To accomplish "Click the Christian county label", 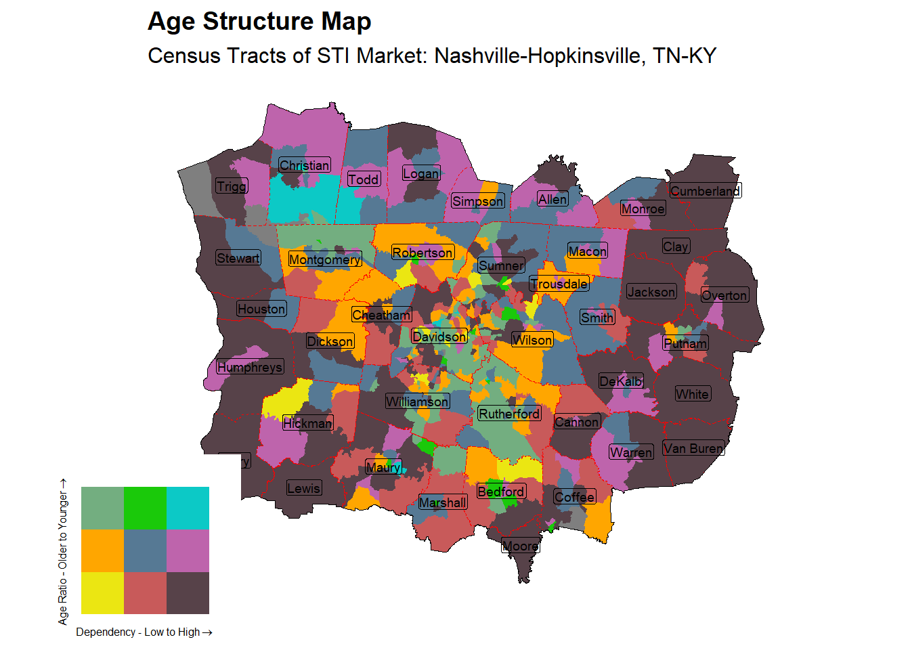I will pos(305,165).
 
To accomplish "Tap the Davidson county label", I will pos(439,337).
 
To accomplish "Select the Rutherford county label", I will pos(509,414).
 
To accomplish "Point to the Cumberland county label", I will pos(705,191).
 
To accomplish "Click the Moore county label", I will pos(521,546).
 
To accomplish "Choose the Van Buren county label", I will pos(693,448).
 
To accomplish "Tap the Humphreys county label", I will pos(250,367).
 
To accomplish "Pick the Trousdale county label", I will pos(559,284).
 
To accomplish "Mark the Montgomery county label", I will pos(325,259).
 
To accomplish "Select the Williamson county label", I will pos(417,402).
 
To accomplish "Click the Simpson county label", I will pos(478,201).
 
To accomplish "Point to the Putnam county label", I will pos(685,343).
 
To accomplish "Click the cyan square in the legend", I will pos(188,508).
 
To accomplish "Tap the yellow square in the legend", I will pos(102,593).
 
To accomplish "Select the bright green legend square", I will pos(145,508).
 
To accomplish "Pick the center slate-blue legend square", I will pos(145,550).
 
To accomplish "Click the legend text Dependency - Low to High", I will pos(144,632).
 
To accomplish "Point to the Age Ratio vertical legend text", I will pos(63,552).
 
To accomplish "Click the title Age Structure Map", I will pos(259,22).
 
